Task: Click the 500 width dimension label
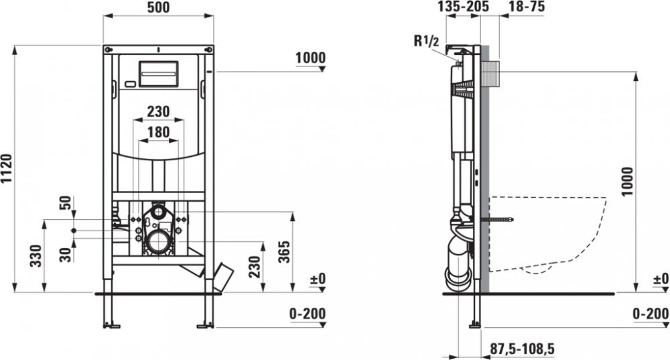pos(159,7)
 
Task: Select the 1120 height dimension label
pos(7,169)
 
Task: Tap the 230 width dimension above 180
pos(159,111)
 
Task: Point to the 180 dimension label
pos(159,132)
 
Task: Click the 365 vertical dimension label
pos(284,252)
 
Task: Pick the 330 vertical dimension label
pos(36,255)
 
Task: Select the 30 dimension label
pos(65,255)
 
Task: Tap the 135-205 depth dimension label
pos(463,7)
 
